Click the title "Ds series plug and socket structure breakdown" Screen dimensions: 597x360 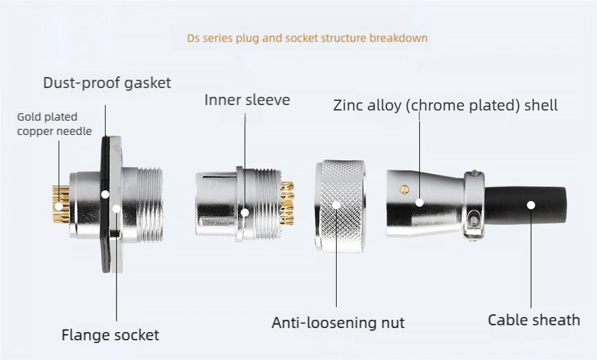coord(307,38)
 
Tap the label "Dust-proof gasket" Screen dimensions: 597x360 coord(107,82)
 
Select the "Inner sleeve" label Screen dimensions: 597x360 coord(247,100)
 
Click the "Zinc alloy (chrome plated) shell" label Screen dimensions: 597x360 coord(446,105)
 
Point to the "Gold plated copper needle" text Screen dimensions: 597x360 coord(55,124)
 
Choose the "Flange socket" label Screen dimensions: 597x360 coord(110,335)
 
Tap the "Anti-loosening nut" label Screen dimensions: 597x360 coord(338,322)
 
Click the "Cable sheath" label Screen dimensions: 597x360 coord(534,320)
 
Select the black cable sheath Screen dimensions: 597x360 coord(525,206)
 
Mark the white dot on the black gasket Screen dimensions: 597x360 coord(105,194)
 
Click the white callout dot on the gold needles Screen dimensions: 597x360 coord(59,207)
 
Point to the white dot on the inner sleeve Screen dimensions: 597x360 coord(245,212)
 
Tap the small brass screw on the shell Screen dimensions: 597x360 coord(404,190)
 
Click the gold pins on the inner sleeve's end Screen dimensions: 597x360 coord(287,203)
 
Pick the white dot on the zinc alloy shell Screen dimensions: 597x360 coord(419,202)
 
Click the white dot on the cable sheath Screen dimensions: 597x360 coord(531,205)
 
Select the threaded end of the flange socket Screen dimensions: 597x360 coord(150,205)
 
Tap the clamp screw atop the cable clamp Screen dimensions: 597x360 coord(474,173)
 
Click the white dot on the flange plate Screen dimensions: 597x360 coord(117,209)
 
